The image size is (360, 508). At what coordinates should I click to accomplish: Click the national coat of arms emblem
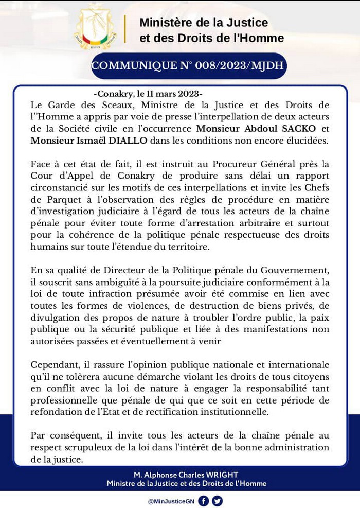(x=96, y=28)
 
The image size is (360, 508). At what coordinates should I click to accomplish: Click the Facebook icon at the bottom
(x=203, y=500)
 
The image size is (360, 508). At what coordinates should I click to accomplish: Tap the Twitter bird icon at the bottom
(x=217, y=500)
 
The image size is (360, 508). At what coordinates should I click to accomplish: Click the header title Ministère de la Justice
(x=204, y=23)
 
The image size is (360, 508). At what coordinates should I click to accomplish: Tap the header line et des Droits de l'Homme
(x=211, y=38)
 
